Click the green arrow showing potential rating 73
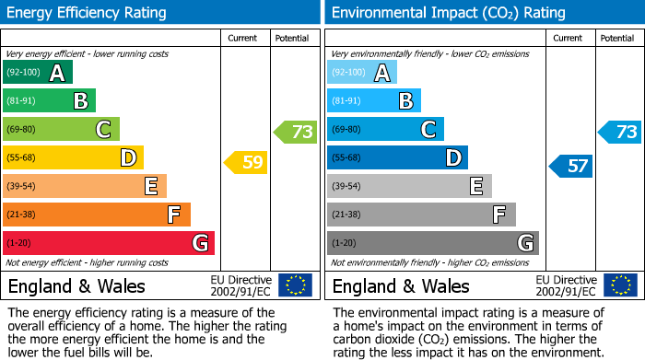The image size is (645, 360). pos(296,132)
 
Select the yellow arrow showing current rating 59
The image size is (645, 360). pos(246,163)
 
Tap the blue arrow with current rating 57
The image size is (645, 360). pos(571,166)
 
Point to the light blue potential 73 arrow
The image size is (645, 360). pos(620,132)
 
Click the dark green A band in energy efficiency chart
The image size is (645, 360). pos(37,72)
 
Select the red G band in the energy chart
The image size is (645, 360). pos(109,243)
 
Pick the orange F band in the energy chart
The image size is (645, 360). pos(97,215)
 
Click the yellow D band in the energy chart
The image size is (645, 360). pos(73,157)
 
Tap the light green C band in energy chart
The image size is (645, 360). pos(61,129)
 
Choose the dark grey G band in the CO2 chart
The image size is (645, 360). pos(432,243)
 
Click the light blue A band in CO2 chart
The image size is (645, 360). pos(361,72)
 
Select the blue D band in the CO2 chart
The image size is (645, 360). pos(397,157)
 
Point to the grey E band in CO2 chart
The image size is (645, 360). pos(409,186)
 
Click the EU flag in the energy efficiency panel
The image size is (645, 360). pos(295,285)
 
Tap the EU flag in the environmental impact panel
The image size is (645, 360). pos(620,285)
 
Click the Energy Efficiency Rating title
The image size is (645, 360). pos(88,13)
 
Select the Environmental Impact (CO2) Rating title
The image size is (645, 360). pos(448,13)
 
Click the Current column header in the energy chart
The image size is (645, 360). pos(243,38)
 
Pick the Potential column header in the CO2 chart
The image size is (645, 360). pos(616,38)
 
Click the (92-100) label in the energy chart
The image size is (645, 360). pos(23,72)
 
